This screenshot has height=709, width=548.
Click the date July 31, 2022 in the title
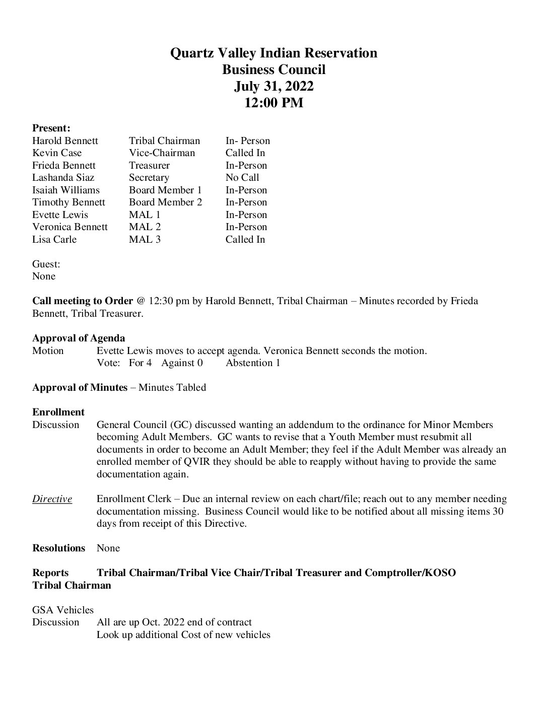click(273, 86)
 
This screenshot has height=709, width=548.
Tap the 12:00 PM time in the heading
click(273, 103)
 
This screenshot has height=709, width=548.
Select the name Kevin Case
click(57, 153)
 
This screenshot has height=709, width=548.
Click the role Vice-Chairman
click(162, 153)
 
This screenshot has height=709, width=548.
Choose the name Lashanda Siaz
click(63, 178)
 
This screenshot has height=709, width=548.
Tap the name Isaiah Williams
click(66, 190)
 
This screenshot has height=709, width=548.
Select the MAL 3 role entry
click(145, 240)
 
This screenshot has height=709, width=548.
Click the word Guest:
click(46, 264)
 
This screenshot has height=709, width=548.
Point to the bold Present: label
click(51, 128)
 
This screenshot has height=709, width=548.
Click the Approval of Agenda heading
click(79, 338)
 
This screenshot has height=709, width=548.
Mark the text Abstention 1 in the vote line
click(253, 363)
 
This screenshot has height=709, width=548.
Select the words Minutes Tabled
click(172, 388)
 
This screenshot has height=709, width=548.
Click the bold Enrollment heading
click(58, 412)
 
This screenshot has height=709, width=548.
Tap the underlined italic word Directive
click(52, 499)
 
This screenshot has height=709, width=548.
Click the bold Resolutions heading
click(59, 548)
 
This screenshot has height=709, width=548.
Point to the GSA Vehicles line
click(63, 610)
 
